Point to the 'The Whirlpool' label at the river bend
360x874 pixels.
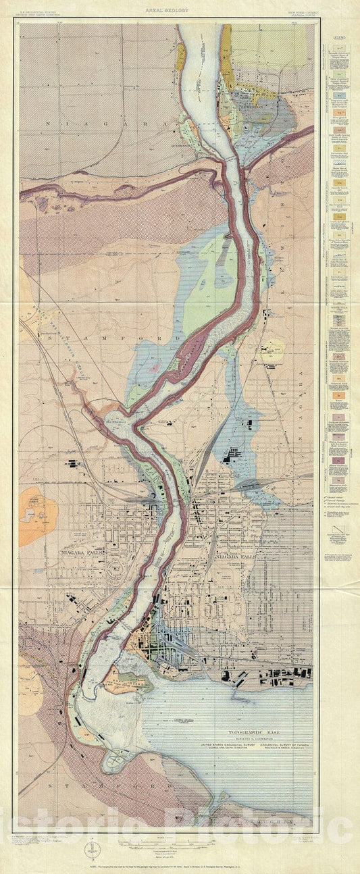click(115, 417)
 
